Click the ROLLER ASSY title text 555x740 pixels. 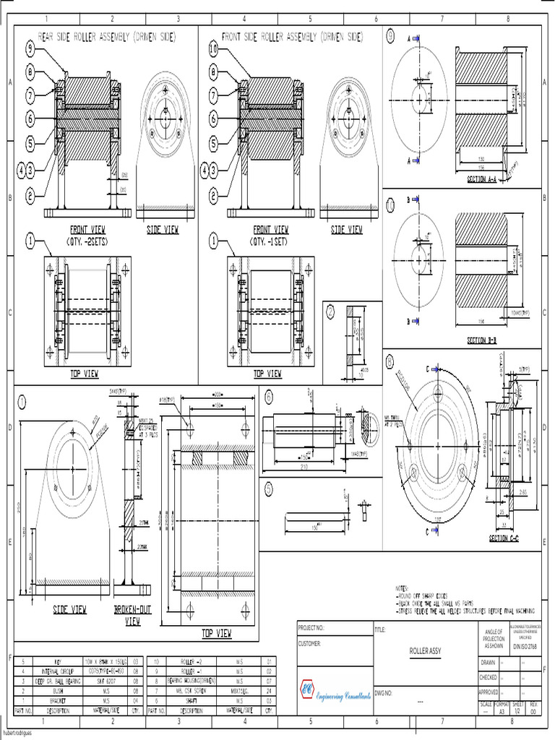[x=426, y=651]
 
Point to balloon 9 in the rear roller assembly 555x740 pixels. [x=30, y=49]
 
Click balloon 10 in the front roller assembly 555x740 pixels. [x=213, y=49]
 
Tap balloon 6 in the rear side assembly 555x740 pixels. [x=30, y=119]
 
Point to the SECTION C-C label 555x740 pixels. [x=504, y=539]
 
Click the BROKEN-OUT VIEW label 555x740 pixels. [x=132, y=614]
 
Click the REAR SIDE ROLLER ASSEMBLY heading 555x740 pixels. [x=106, y=35]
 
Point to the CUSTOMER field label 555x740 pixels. [x=309, y=642]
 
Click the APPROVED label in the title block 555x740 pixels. [x=489, y=692]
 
